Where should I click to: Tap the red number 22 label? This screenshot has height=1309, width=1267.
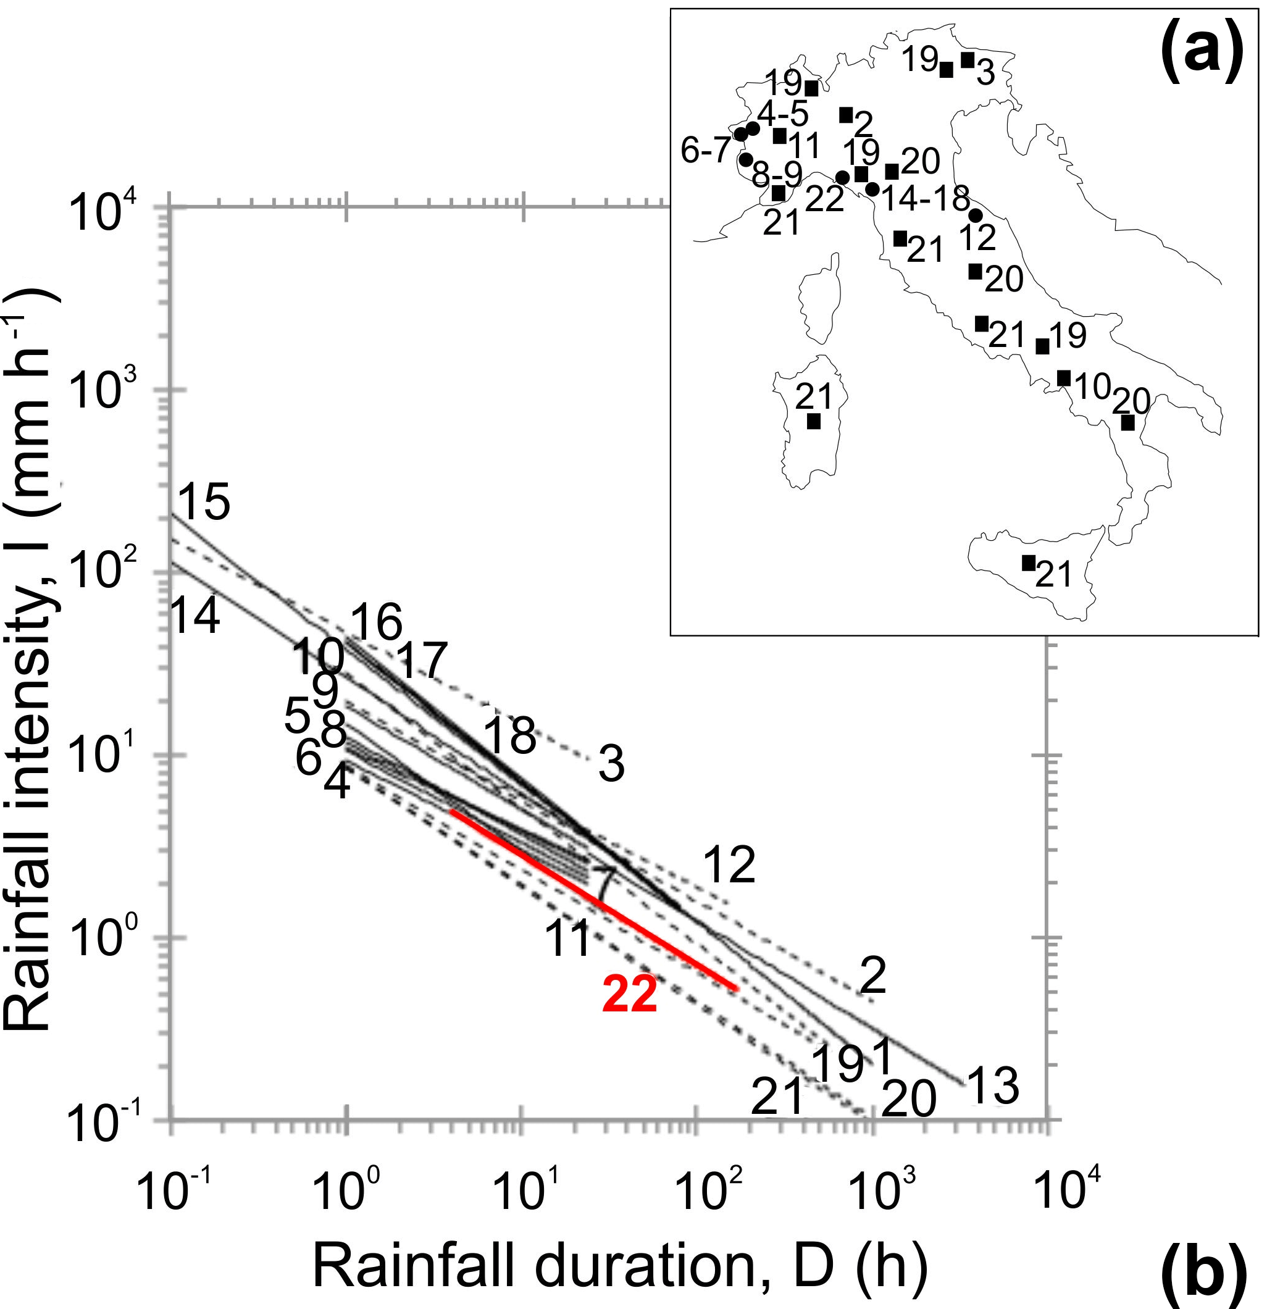(x=630, y=996)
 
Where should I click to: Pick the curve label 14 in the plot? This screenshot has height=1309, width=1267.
(x=195, y=616)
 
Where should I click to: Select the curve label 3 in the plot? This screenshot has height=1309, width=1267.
(x=611, y=764)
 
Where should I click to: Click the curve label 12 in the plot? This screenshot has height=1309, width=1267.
(x=729, y=864)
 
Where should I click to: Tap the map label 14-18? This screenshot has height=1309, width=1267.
(x=925, y=198)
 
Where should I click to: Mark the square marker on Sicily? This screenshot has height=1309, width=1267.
(x=1029, y=563)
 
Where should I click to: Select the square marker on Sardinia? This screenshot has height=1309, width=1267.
(x=814, y=422)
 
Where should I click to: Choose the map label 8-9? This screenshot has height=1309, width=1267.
(x=777, y=174)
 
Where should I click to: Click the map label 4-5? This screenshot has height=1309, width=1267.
(x=783, y=114)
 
